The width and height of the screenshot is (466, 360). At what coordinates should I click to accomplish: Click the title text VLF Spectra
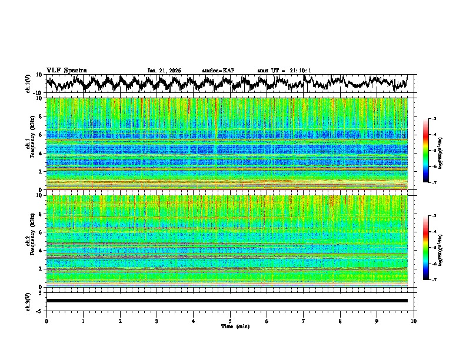pyautogui.click(x=66, y=71)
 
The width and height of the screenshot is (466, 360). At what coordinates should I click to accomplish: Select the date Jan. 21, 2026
pyautogui.click(x=164, y=71)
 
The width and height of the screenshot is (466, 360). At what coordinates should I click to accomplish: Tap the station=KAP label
pyautogui.click(x=218, y=71)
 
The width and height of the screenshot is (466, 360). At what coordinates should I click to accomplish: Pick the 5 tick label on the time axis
pyautogui.click(x=230, y=321)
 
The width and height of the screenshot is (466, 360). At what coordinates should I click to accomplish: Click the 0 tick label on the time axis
pyautogui.click(x=46, y=321)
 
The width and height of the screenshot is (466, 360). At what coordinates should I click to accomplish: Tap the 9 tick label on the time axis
pyautogui.click(x=377, y=321)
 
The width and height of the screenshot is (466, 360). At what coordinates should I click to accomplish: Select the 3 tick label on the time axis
pyautogui.click(x=157, y=321)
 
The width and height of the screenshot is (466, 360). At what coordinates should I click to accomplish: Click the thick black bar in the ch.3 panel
pyautogui.click(x=227, y=301)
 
